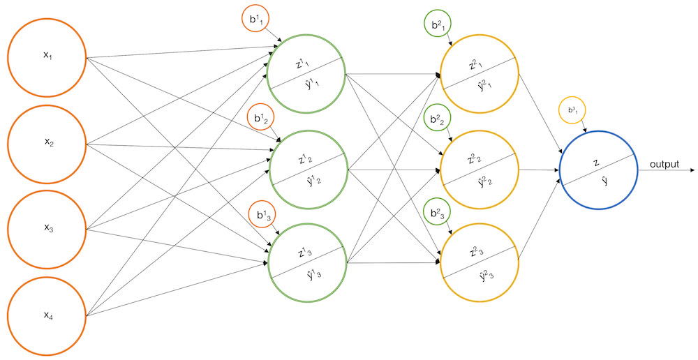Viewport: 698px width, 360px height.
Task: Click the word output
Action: click(664, 164)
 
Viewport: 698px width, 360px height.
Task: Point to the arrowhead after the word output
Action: click(692, 170)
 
